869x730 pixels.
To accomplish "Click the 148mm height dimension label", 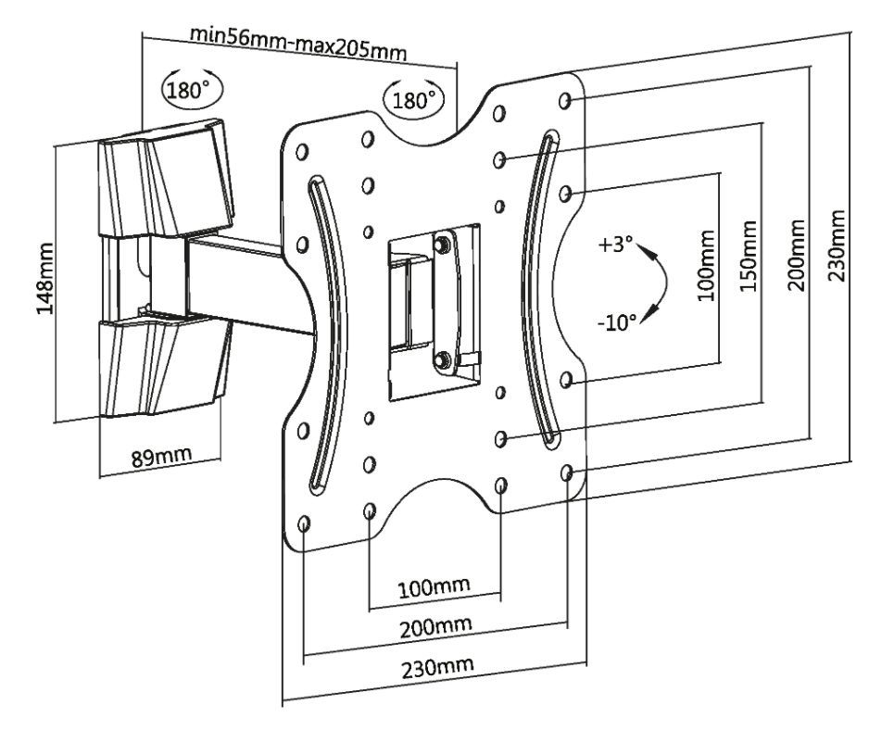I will pyautogui.click(x=43, y=279).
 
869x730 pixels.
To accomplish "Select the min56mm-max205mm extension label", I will pyautogui.click(x=297, y=41).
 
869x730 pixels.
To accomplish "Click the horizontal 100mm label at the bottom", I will pyautogui.click(x=434, y=587).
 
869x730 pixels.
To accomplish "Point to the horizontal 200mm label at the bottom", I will pyautogui.click(x=434, y=627).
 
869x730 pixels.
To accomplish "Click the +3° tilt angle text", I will pyautogui.click(x=615, y=246).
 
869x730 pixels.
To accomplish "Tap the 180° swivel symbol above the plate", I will pyautogui.click(x=413, y=99).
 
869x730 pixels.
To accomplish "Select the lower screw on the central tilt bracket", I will pyautogui.click(x=442, y=358).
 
